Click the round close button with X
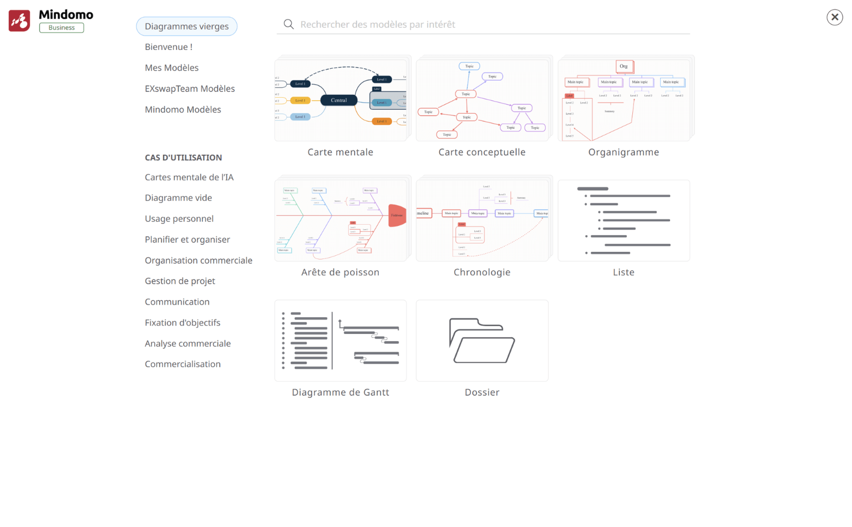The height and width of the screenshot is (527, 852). pyautogui.click(x=834, y=17)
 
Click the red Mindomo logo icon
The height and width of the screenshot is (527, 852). pyautogui.click(x=19, y=21)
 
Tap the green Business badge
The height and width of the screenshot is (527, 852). pyautogui.click(x=62, y=28)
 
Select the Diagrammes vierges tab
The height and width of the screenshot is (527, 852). pyautogui.click(x=186, y=26)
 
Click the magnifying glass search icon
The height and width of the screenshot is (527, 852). pyautogui.click(x=288, y=24)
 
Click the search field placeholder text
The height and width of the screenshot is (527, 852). pyautogui.click(x=377, y=24)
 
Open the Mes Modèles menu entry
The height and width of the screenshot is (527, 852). pyautogui.click(x=171, y=68)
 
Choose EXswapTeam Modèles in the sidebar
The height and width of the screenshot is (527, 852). pyautogui.click(x=190, y=89)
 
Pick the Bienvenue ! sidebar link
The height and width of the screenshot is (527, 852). pyautogui.click(x=169, y=47)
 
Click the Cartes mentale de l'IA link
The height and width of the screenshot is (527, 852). pyautogui.click(x=189, y=178)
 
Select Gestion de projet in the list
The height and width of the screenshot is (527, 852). pyautogui.click(x=180, y=281)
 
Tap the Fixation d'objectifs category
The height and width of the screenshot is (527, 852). pyautogui.click(x=182, y=323)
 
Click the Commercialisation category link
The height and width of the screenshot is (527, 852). pyautogui.click(x=182, y=364)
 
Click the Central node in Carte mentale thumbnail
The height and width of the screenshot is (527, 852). pyautogui.click(x=339, y=100)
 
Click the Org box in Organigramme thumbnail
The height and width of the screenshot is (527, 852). pyautogui.click(x=624, y=67)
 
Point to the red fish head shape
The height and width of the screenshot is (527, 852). pyautogui.click(x=397, y=215)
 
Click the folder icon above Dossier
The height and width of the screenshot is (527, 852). pyautogui.click(x=481, y=341)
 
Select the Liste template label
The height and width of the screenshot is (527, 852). pyautogui.click(x=623, y=272)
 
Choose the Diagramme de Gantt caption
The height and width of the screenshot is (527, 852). pyautogui.click(x=341, y=393)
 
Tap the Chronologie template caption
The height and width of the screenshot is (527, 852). pyautogui.click(x=481, y=272)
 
